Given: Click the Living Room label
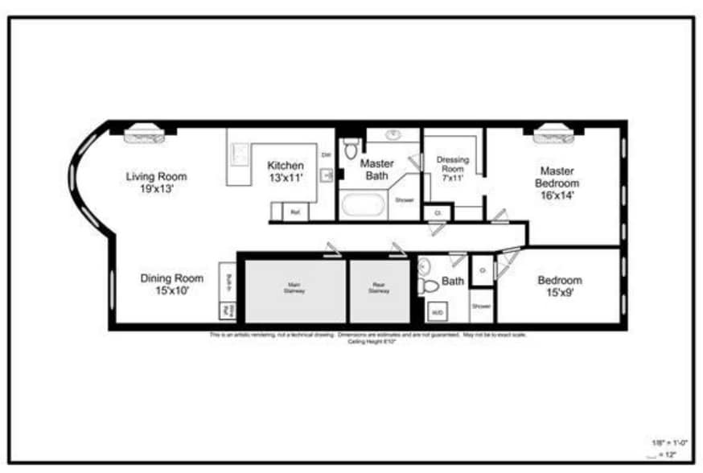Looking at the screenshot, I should [156, 183].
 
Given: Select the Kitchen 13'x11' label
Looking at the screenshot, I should [286, 172].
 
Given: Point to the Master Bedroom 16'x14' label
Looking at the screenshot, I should [557, 183].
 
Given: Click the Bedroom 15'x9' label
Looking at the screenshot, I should [559, 286].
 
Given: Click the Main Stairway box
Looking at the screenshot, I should [295, 290].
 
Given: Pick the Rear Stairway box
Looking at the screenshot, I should [380, 290].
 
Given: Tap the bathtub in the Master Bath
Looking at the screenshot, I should [364, 205].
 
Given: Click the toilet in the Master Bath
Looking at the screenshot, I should [350, 149].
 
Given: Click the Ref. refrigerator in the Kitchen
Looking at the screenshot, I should [295, 213].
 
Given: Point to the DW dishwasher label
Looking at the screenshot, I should [327, 154].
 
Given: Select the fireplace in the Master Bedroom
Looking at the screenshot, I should [553, 133].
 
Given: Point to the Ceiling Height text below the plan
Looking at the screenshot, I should [366, 341].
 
